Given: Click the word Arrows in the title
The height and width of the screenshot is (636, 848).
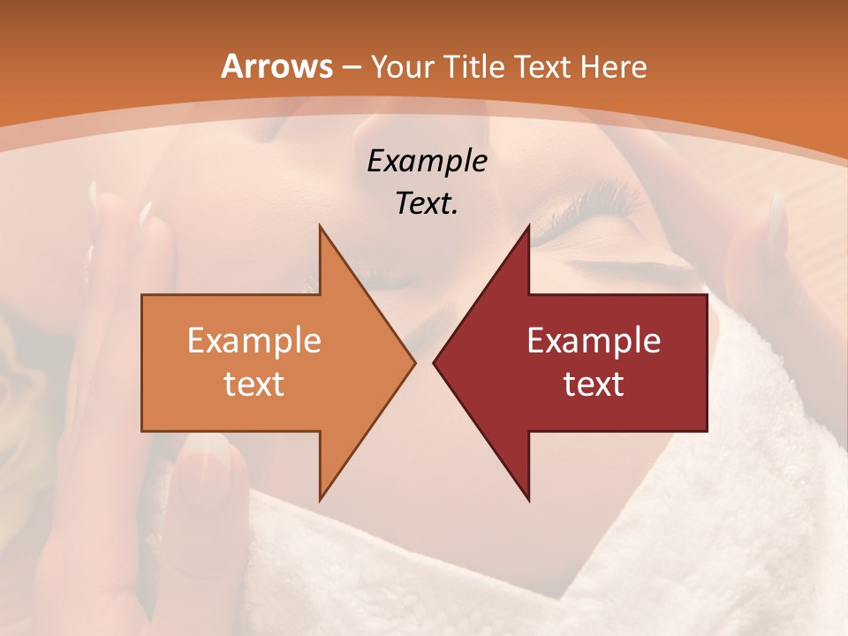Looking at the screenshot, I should click(x=276, y=66).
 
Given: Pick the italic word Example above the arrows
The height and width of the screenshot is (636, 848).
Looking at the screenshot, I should click(x=427, y=162).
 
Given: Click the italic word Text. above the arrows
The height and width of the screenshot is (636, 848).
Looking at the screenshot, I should click(x=427, y=204).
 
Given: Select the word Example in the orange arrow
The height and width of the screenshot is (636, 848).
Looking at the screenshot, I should click(x=254, y=341).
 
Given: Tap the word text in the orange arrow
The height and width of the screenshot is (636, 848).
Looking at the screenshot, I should click(x=254, y=383).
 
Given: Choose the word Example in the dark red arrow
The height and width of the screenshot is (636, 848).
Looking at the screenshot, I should click(x=594, y=341).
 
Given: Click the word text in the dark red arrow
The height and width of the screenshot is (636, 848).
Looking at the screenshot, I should click(x=594, y=383).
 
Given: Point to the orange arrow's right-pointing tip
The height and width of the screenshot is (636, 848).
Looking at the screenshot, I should click(x=413, y=362).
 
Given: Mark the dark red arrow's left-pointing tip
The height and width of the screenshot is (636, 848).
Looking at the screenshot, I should click(x=435, y=362).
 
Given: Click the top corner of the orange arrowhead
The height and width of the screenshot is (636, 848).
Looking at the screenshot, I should click(x=321, y=227).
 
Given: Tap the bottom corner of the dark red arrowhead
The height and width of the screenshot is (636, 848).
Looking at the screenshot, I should click(x=528, y=499).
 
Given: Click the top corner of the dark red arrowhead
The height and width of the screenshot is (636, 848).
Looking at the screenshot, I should click(x=528, y=227).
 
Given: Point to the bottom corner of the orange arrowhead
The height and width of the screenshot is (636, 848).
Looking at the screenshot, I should click(x=321, y=499).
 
